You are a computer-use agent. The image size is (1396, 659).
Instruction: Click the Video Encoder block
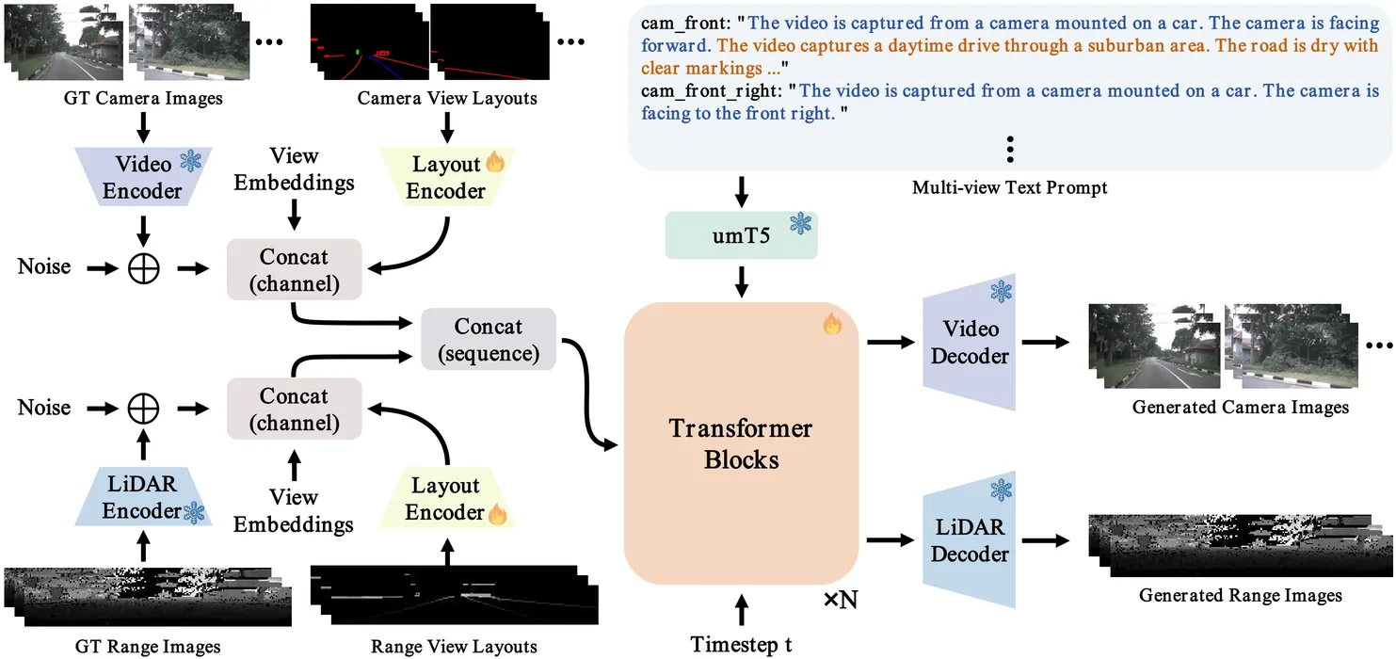(142, 177)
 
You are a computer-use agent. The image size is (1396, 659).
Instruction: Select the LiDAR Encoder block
(142, 497)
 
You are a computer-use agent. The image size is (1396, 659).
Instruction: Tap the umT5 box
(741, 235)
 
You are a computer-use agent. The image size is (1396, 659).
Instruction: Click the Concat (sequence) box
(488, 340)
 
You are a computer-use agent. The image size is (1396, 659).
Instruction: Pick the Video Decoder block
(970, 343)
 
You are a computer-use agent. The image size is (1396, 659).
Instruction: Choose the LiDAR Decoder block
(970, 539)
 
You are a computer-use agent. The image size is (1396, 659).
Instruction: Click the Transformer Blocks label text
(741, 444)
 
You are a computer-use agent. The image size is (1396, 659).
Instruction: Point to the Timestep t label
(741, 644)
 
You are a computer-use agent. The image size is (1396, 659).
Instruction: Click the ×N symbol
(841, 599)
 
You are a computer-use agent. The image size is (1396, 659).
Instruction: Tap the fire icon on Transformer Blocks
(831, 325)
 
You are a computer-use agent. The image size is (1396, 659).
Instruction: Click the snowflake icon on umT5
(800, 224)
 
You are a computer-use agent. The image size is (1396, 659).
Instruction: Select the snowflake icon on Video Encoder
(190, 161)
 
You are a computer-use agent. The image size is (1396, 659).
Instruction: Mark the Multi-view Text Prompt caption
(1009, 187)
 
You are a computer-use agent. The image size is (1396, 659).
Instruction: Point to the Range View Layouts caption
(454, 646)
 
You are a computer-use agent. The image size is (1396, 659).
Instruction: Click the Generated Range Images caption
(1241, 595)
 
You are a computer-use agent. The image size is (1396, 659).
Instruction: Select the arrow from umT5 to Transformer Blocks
(741, 280)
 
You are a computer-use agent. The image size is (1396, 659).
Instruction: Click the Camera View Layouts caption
(447, 98)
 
